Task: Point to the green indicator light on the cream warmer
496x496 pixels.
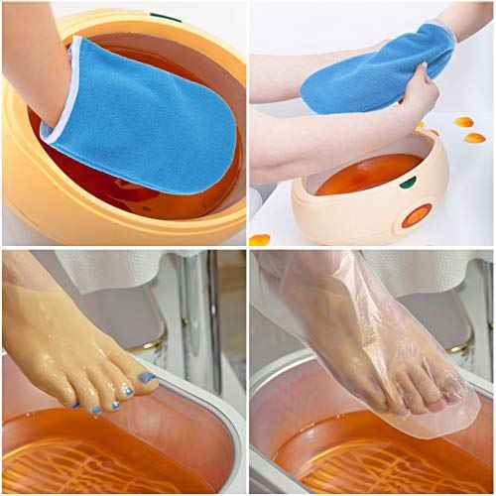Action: [405, 182]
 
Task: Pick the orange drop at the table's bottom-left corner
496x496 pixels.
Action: [260, 239]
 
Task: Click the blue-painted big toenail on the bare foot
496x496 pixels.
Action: [147, 377]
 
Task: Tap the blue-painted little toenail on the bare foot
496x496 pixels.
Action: [74, 406]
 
